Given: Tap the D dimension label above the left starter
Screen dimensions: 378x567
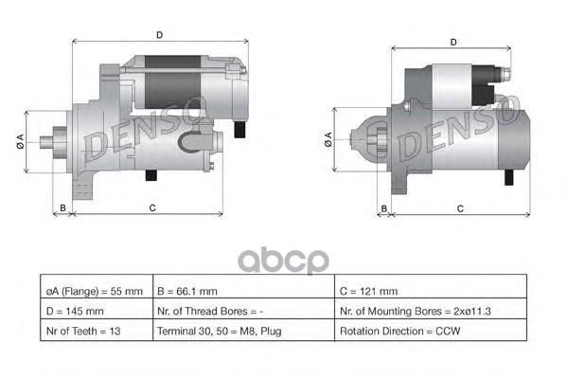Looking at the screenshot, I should (159, 35).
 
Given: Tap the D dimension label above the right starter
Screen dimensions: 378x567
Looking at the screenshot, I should (453, 42).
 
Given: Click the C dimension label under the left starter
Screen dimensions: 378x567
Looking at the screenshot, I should (151, 207).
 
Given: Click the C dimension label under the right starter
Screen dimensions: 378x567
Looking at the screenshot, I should (459, 207).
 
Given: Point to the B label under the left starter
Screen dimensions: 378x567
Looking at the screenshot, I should (62, 207).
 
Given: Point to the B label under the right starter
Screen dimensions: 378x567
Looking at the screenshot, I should (384, 207).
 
